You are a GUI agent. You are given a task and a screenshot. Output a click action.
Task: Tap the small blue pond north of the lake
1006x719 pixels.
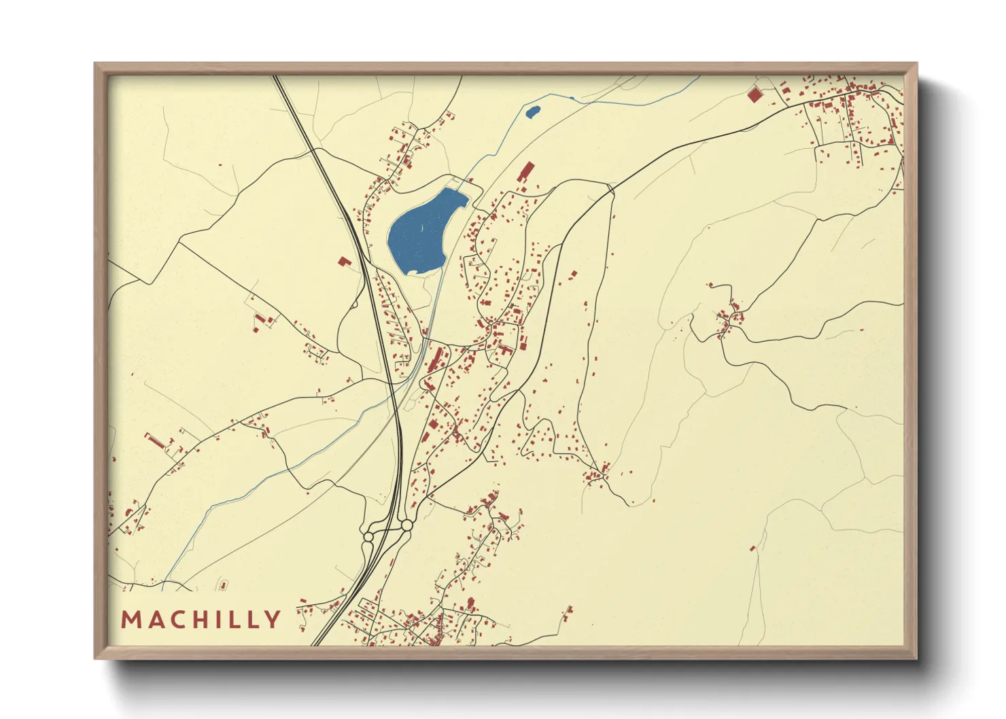532,111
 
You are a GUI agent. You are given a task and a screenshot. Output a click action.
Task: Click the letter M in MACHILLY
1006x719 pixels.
131,620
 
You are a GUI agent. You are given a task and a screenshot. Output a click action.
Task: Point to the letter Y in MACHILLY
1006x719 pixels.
273,620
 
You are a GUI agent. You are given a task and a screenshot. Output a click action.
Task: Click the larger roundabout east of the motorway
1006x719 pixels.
406,525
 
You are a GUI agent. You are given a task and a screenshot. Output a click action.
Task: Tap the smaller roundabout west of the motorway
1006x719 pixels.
368,537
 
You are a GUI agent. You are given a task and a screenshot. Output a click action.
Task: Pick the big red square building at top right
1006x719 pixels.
753,94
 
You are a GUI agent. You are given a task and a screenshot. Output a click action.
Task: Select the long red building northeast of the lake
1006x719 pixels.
525,171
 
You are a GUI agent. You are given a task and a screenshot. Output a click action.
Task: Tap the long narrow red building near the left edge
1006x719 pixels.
155,441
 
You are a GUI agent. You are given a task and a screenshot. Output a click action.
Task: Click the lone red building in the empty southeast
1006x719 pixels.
752,548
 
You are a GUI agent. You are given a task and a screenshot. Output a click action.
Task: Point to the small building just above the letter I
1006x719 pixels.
223,584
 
